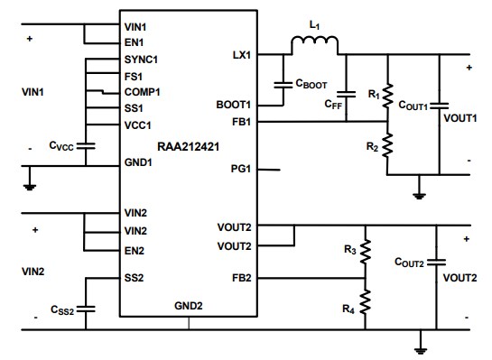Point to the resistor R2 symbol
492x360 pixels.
pos(387,143)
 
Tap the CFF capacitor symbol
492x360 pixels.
pos(344,93)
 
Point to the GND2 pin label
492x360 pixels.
pos(188,306)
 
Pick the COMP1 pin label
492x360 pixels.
pos(142,91)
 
